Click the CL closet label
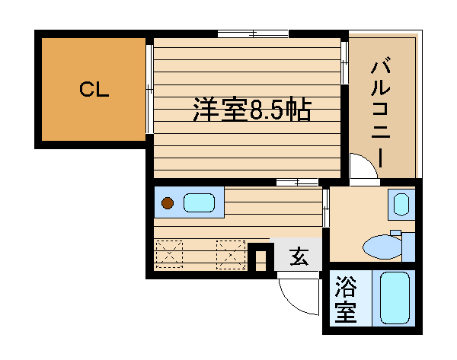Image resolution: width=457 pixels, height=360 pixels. pyautogui.click(x=94, y=89)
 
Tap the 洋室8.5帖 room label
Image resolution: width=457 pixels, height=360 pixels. pyautogui.click(x=252, y=110)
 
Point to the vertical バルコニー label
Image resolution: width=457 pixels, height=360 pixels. pyautogui.click(x=381, y=113)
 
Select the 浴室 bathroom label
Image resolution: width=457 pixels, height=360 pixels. pyautogui.click(x=346, y=299)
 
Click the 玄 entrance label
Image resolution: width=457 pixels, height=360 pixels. pyautogui.click(x=299, y=256)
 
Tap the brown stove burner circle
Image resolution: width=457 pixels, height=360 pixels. pyautogui.click(x=168, y=203)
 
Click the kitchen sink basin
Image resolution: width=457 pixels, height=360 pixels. pyautogui.click(x=199, y=202)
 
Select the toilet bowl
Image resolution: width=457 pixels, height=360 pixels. pyautogui.click(x=382, y=247)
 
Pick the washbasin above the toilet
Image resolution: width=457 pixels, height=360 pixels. pyautogui.click(x=401, y=204)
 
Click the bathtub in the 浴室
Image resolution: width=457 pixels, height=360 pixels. pyautogui.click(x=395, y=298)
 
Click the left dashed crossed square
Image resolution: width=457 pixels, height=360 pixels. pyautogui.click(x=169, y=254)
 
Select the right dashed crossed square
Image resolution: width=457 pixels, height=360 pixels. pyautogui.click(x=231, y=254)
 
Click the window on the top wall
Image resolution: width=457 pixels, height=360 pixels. pyautogui.click(x=253, y=33)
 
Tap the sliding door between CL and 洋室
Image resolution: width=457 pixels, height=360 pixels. pyautogui.click(x=149, y=89)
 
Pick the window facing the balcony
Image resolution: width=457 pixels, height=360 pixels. pyautogui.click(x=344, y=62)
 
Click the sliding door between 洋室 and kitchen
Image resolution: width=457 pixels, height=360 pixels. pyautogui.click(x=297, y=183)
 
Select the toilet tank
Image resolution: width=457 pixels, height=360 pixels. pyautogui.click(x=408, y=247)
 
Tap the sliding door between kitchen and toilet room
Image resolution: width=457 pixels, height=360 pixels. pyautogui.click(x=326, y=207)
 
